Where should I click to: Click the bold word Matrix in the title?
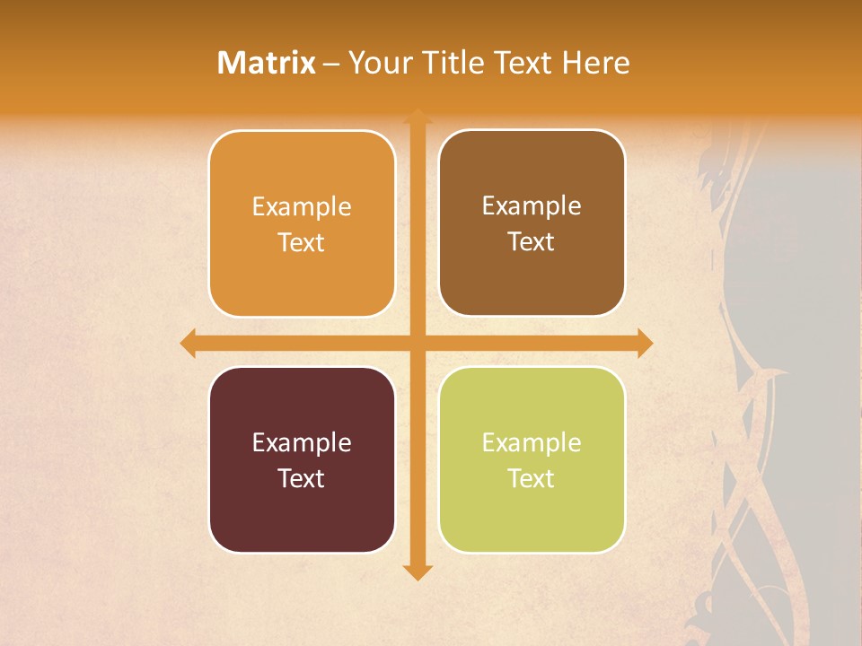(267, 63)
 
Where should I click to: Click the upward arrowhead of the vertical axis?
(418, 116)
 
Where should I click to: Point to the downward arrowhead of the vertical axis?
(418, 572)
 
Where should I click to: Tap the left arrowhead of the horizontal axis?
(188, 343)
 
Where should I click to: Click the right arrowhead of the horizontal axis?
(645, 343)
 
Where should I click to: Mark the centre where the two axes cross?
(418, 343)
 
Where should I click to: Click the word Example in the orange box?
(302, 207)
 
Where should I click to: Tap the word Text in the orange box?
(302, 243)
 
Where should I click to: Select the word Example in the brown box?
(532, 206)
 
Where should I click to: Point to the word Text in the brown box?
(532, 242)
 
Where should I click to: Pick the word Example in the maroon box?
(302, 443)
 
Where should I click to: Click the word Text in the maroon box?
(302, 479)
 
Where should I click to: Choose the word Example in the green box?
(532, 443)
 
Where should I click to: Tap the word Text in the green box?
(532, 479)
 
